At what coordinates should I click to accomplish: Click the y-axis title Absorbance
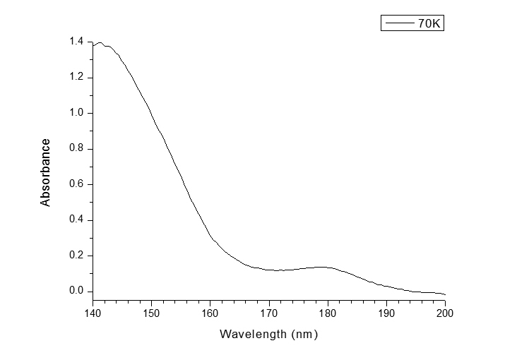click(46, 172)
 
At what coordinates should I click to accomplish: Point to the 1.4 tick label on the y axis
click(77, 42)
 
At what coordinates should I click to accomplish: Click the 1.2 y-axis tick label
click(77, 77)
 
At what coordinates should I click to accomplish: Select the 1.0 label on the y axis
click(77, 113)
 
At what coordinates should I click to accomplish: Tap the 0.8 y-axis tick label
click(77, 148)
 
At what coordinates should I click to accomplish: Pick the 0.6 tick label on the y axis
click(77, 184)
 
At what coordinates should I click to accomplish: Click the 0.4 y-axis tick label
click(77, 220)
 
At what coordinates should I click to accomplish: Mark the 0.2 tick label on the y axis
click(77, 256)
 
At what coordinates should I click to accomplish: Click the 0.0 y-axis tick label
click(77, 291)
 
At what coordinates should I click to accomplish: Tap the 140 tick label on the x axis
click(93, 313)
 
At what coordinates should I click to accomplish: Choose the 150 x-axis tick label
click(151, 313)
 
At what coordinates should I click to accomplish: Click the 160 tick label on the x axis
click(210, 313)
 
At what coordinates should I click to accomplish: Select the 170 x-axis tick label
click(268, 313)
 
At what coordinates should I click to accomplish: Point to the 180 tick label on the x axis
click(328, 313)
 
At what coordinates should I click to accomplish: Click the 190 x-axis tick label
click(386, 313)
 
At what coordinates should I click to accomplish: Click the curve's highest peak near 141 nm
click(100, 43)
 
